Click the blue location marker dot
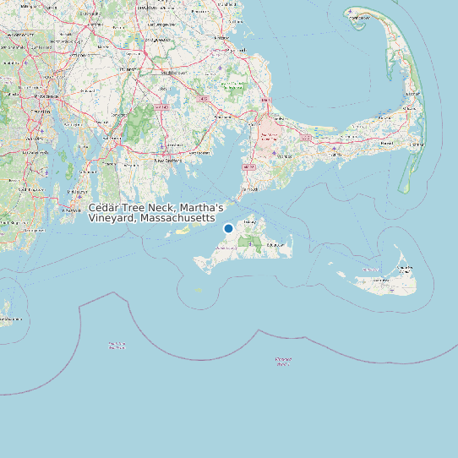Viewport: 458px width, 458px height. pyautogui.click(x=228, y=228)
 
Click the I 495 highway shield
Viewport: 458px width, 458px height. pyautogui.click(x=201, y=101)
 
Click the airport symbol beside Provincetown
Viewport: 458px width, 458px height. pyautogui.click(x=350, y=11)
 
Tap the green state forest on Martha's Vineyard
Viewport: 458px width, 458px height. pyautogui.click(x=249, y=242)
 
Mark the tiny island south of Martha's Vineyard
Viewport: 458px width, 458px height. pyautogui.click(x=199, y=290)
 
